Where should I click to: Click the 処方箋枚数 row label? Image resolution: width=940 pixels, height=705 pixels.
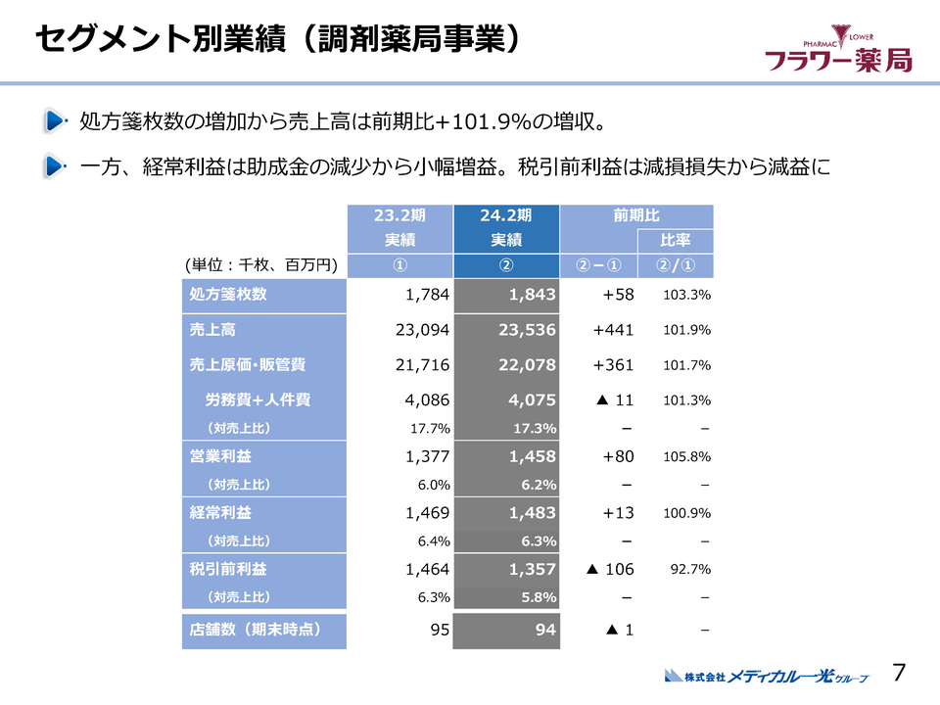click(228, 294)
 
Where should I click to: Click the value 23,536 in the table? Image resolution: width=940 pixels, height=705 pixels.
click(527, 330)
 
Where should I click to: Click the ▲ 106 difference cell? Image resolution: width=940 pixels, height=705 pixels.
click(607, 569)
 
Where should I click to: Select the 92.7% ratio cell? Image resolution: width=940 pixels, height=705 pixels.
click(689, 569)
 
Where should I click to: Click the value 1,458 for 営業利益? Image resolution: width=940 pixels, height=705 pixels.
click(533, 456)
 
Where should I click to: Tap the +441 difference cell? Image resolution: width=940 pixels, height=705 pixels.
click(614, 330)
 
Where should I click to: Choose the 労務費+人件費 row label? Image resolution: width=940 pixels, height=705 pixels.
click(258, 399)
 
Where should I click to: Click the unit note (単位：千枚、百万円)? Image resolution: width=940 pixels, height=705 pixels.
click(260, 265)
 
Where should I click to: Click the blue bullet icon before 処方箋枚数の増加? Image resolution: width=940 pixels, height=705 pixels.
click(54, 122)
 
